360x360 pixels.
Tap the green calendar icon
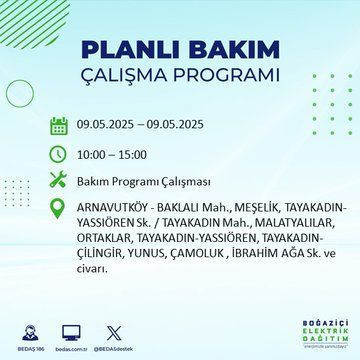(x=59, y=125)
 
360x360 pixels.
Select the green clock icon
(x=59, y=155)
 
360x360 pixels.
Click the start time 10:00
(x=96, y=156)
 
